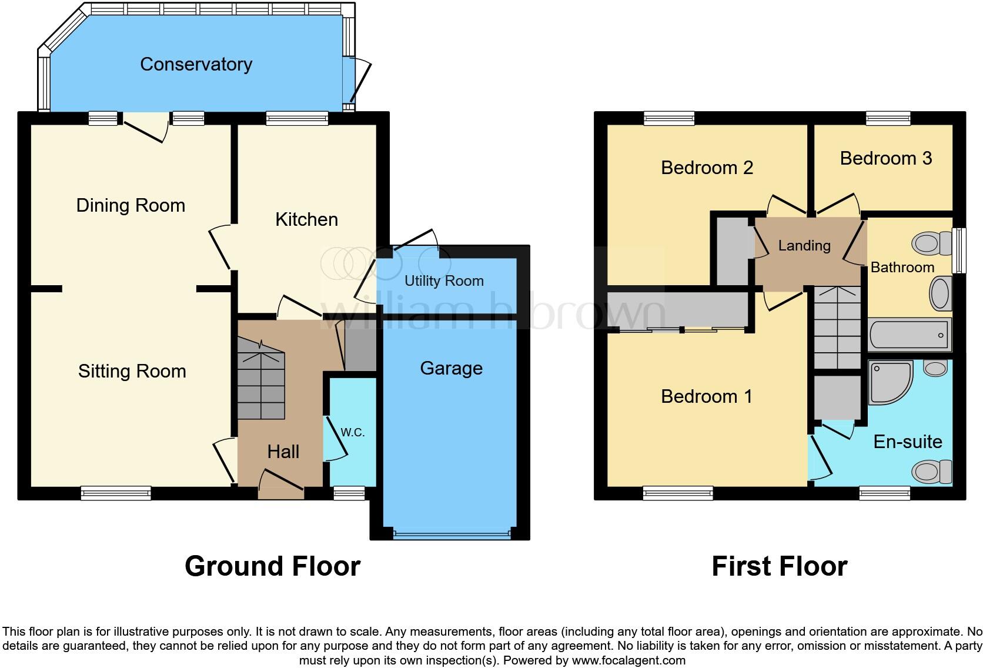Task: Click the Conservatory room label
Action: coord(196,65)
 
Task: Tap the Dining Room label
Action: coord(131,205)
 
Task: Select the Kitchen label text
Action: coord(307,219)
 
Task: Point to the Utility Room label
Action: coord(444,281)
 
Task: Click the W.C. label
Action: coord(353,432)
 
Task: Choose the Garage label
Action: coord(452,368)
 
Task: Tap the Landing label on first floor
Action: coord(804,246)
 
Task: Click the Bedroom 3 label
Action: coord(886,158)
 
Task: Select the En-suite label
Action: coord(908,442)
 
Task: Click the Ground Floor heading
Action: coord(273,566)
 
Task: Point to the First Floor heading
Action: coord(780,566)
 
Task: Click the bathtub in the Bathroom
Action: coord(910,335)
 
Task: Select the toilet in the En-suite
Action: coord(932,472)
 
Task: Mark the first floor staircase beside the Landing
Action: coord(837,328)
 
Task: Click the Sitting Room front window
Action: coord(116,493)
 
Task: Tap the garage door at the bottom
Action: coord(452,534)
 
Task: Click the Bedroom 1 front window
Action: coord(678,493)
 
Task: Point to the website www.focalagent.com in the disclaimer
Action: coord(628,660)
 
